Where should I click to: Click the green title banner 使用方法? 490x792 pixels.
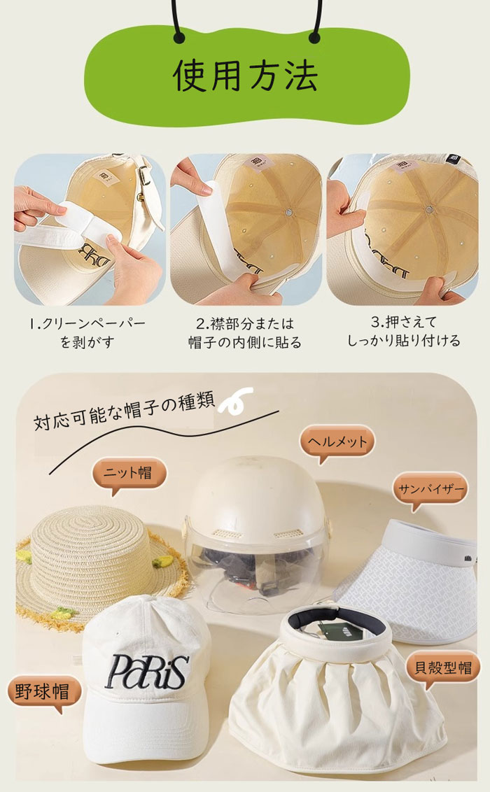[x=246, y=76]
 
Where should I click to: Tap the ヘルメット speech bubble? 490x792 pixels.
[x=337, y=442]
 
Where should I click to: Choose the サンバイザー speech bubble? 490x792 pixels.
[x=430, y=490]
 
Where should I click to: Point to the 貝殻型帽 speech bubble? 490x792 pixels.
[x=442, y=668]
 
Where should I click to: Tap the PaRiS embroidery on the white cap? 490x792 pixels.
[x=146, y=671]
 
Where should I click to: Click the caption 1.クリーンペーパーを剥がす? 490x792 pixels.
[x=87, y=332]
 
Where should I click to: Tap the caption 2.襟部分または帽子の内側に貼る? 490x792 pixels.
[x=245, y=332]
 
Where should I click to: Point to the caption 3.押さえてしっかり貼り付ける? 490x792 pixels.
[x=403, y=332]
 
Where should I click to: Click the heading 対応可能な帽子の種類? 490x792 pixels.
[x=124, y=410]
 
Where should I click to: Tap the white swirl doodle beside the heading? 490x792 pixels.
[x=235, y=400]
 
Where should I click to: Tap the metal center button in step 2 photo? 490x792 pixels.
[x=289, y=213]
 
